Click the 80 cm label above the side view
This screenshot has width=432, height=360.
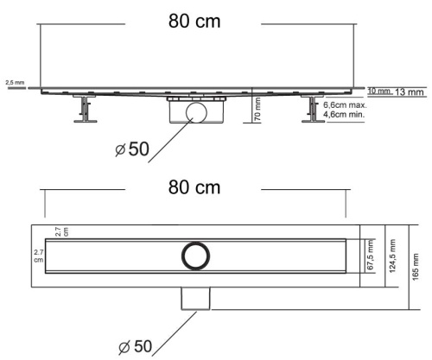pyautogui.click(x=194, y=22)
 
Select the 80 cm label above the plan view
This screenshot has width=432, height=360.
pyautogui.click(x=194, y=187)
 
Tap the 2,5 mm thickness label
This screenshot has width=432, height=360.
pyautogui.click(x=14, y=83)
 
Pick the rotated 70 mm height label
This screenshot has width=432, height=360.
pyautogui.click(x=257, y=111)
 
